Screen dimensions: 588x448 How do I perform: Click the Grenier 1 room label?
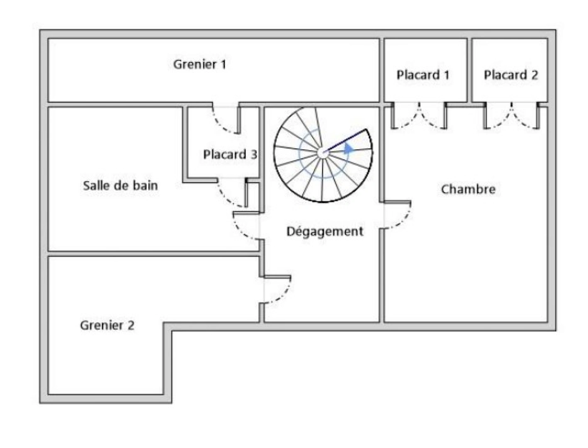point(199,64)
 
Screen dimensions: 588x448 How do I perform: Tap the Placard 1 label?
point(423,75)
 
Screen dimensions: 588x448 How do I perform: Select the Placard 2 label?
point(510,75)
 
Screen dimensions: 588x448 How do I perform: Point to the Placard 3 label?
point(230,154)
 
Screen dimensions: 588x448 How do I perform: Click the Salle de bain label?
point(120,185)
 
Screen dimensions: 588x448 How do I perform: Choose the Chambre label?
point(468,190)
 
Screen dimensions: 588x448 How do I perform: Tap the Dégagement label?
point(325,231)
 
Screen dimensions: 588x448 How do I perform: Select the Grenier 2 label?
point(107,325)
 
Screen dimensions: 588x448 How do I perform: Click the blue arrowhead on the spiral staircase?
point(348,148)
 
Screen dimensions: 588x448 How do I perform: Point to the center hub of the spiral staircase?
point(322,153)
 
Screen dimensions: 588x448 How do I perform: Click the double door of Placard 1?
point(419,116)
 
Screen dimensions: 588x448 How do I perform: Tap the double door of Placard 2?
point(511,116)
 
